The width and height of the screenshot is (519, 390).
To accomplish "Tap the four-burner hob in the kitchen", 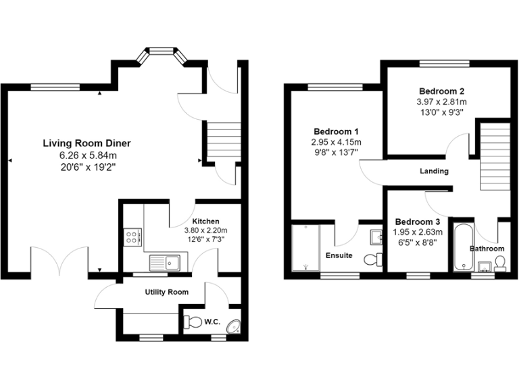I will [x=132, y=236].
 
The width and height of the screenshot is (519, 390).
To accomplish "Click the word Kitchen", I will [x=205, y=221].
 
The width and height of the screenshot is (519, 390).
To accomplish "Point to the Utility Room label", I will [x=166, y=292].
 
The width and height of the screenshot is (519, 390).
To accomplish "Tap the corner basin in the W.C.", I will [x=234, y=326].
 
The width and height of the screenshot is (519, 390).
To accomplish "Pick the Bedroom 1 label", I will [x=336, y=131].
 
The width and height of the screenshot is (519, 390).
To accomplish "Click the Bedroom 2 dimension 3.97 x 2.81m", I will [x=441, y=102].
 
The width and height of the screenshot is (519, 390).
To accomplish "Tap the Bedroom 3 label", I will [x=418, y=222].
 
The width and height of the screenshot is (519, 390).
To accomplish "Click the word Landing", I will [x=434, y=171].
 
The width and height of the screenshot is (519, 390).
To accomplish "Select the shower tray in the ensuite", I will [x=305, y=248].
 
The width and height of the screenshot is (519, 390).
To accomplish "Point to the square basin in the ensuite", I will [x=376, y=237].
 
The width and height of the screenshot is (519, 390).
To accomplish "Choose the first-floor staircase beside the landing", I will [x=494, y=156].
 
